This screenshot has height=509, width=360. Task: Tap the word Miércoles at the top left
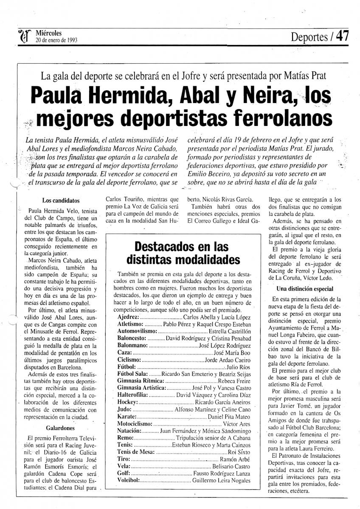(x=49, y=33)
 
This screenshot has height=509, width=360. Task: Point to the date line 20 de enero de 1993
(x=59, y=41)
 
